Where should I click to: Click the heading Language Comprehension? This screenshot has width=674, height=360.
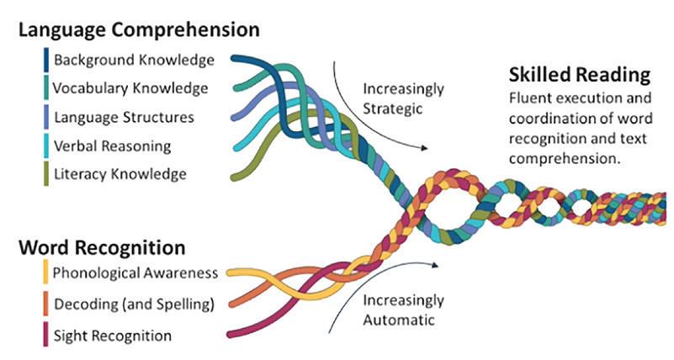(138, 30)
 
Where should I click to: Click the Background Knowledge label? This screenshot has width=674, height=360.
(133, 61)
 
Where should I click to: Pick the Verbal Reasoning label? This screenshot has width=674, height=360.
(113, 146)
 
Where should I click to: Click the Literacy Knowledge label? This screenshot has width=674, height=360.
(119, 174)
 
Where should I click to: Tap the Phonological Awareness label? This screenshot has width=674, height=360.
(135, 273)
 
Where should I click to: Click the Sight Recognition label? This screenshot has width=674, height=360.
(112, 336)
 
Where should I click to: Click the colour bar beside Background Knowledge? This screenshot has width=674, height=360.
(44, 61)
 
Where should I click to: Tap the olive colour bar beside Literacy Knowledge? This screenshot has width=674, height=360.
(44, 173)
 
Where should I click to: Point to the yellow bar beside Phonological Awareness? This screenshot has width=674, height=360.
(44, 273)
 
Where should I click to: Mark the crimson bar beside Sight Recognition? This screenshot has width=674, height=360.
(44, 335)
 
